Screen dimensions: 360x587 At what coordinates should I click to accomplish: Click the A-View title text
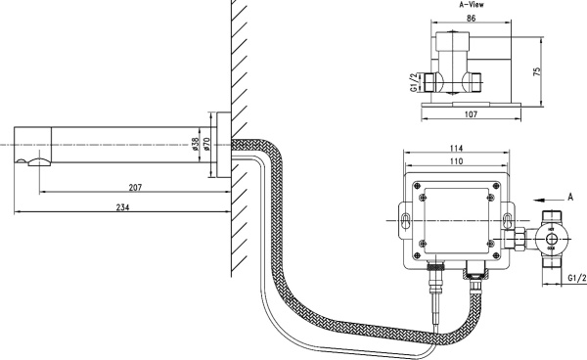click(x=474, y=5)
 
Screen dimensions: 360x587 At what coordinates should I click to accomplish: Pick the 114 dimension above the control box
click(x=456, y=149)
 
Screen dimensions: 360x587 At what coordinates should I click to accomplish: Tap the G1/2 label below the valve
click(x=576, y=280)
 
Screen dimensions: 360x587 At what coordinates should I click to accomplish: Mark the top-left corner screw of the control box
click(x=418, y=188)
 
